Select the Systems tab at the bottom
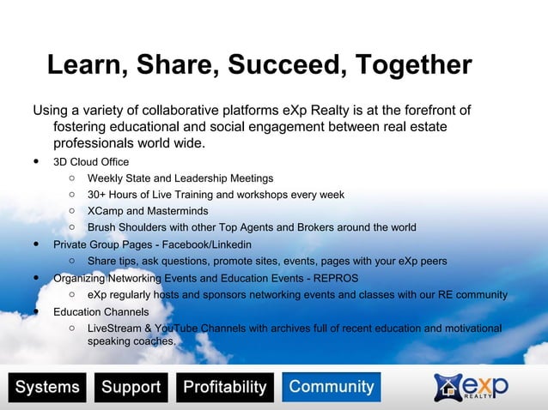(x=47, y=387)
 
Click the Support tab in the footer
(x=131, y=387)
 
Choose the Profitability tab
(x=225, y=387)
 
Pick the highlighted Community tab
(x=332, y=387)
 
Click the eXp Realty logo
(x=471, y=387)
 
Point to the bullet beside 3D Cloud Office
(x=37, y=161)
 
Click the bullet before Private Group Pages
(x=37, y=244)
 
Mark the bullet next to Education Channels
(x=37, y=311)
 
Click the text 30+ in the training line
(x=98, y=195)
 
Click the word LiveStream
(x=117, y=328)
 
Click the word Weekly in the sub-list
(x=106, y=178)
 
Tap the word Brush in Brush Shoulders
(x=102, y=227)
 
